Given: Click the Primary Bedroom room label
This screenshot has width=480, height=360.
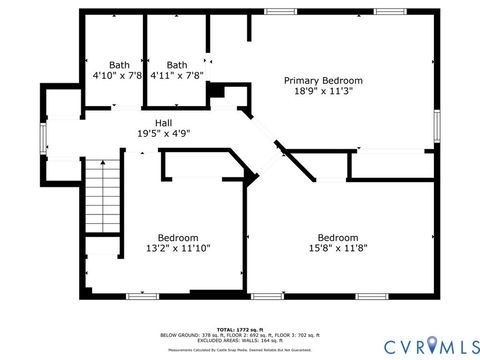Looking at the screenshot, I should [x=323, y=80].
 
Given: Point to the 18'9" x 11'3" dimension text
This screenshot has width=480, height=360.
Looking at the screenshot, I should [x=323, y=91].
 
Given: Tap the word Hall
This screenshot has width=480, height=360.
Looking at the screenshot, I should [x=163, y=123].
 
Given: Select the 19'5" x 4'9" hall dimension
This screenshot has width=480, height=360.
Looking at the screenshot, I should [x=163, y=133].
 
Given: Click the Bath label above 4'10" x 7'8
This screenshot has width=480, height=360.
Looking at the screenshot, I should [x=119, y=64].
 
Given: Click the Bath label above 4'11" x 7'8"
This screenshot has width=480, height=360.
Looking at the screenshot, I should [x=177, y=64].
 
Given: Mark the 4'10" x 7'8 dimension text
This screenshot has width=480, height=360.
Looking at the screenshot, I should [x=119, y=74].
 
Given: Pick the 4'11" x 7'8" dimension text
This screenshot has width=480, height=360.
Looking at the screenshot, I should [x=177, y=74].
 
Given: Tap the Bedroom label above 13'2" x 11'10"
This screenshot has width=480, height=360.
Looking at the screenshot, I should [x=178, y=238].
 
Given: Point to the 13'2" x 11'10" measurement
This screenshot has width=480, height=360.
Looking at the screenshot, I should [x=178, y=248].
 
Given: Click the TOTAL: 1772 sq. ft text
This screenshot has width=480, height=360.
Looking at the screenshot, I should [x=239, y=328].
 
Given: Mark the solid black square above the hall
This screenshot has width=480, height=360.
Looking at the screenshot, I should [x=213, y=91].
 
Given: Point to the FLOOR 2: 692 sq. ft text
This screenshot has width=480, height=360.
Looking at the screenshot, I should [x=240, y=334].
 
